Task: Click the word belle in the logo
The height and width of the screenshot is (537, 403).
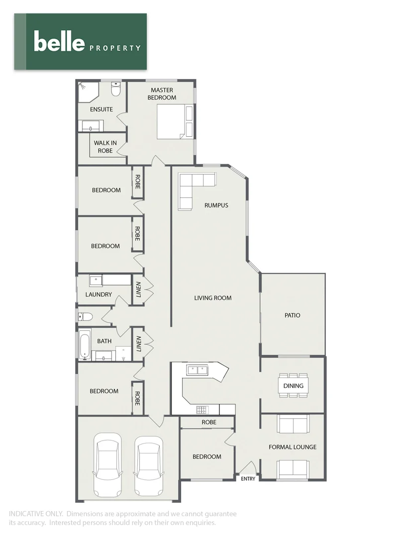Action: (59, 41)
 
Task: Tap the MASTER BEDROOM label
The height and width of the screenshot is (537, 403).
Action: (162, 93)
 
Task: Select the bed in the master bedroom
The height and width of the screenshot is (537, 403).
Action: (171, 122)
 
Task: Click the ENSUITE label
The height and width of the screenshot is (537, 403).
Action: (101, 109)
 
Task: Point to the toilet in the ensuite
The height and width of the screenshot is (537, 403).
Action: (116, 90)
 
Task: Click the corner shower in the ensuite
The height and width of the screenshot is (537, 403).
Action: (88, 92)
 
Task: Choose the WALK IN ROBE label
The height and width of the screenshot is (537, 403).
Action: (105, 147)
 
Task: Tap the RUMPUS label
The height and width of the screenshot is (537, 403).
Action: (216, 205)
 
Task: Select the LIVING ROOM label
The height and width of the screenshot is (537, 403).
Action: (213, 298)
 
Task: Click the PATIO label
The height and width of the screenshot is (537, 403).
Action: (292, 315)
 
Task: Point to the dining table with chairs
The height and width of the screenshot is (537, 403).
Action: (293, 385)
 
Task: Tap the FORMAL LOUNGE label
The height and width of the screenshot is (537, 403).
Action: (292, 447)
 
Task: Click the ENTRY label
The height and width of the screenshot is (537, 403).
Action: (248, 479)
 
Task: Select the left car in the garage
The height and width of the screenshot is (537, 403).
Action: (107, 463)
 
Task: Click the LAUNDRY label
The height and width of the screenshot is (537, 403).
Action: (99, 294)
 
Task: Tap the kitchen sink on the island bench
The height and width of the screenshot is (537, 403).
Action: (198, 370)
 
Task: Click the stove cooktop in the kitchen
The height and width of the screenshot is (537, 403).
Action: (202, 410)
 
